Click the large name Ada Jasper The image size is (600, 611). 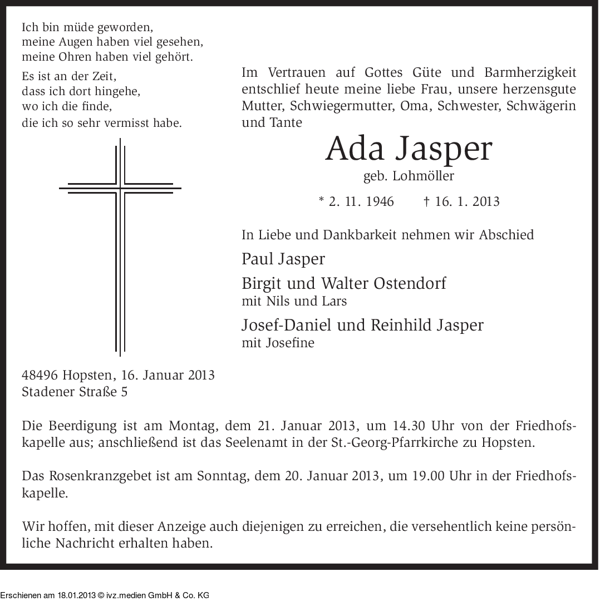(x=409, y=149)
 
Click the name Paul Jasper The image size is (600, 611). (x=283, y=259)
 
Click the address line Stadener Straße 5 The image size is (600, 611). (x=75, y=392)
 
